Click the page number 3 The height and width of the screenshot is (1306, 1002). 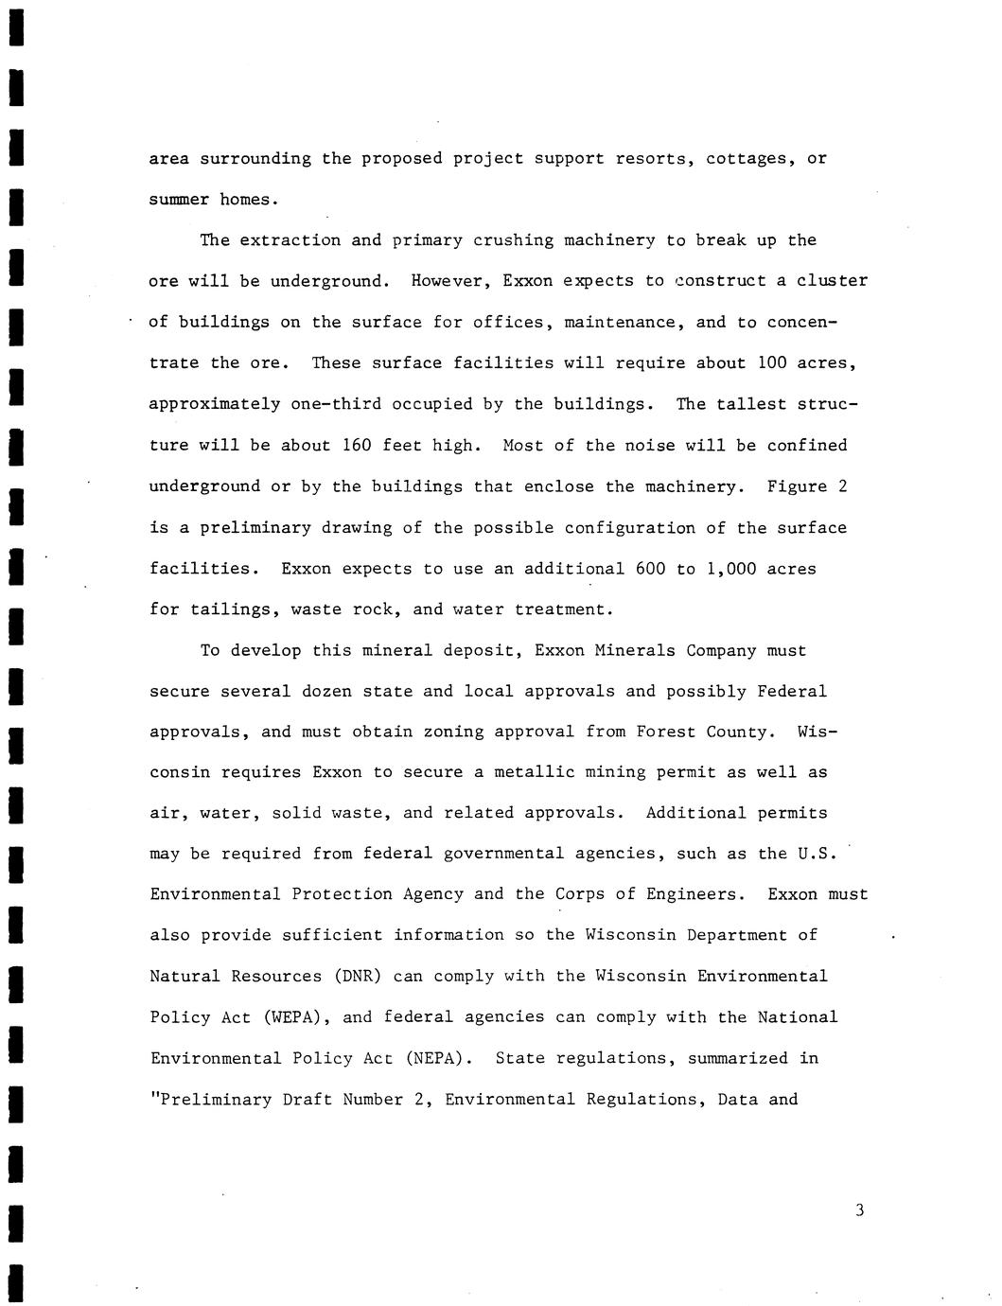(859, 1209)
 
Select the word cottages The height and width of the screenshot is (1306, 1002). (752, 158)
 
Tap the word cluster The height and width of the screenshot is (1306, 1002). (833, 281)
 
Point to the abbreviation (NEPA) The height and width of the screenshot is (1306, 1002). (438, 1058)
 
